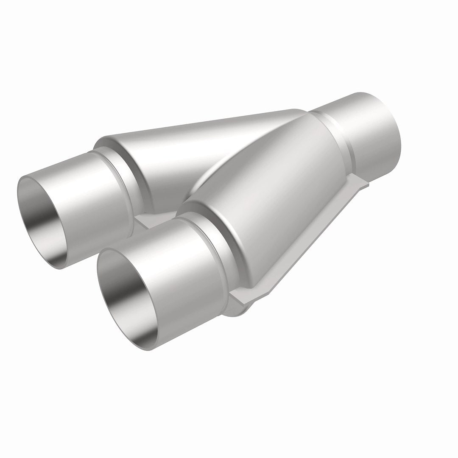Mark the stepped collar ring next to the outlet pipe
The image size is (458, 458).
click(x=335, y=131)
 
